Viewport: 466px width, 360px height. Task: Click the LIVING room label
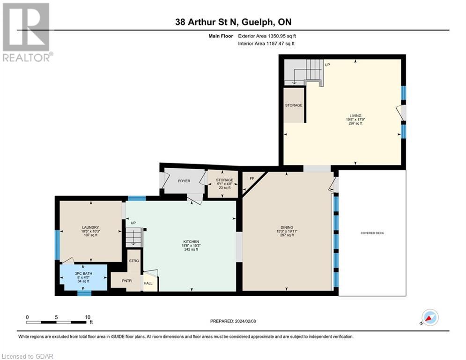[356, 115]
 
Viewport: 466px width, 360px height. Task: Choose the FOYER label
[184, 181]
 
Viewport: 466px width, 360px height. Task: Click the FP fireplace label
[251, 179]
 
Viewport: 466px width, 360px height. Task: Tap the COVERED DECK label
[372, 233]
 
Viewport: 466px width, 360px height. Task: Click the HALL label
[148, 283]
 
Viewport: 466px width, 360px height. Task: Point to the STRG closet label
[134, 261]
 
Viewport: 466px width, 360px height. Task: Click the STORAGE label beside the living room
[294, 105]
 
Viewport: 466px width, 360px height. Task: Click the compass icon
[429, 317]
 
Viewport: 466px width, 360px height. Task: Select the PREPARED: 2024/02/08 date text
[233, 321]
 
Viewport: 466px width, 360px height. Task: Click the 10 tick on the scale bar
[87, 317]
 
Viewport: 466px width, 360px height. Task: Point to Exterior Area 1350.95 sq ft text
[267, 36]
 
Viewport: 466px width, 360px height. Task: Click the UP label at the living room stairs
[327, 65]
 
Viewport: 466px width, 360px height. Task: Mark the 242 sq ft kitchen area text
[191, 249]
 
